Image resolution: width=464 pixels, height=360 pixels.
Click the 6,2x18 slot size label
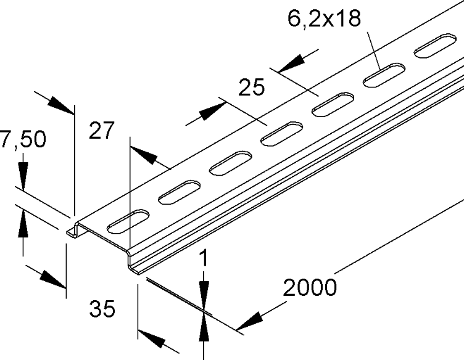tap(324, 18)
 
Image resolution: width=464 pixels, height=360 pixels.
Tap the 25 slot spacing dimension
tap(251, 87)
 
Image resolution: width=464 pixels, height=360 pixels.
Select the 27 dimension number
tap(101, 130)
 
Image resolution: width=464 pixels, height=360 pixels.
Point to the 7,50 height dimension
tap(23, 139)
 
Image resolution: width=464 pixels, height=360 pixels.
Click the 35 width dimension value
tap(102, 309)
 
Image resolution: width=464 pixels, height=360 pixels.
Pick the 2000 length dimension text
tap(310, 287)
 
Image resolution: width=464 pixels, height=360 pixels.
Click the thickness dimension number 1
tap(204, 258)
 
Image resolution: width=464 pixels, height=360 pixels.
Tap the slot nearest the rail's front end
tap(128, 221)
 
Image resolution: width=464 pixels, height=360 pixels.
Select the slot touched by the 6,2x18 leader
tap(384, 75)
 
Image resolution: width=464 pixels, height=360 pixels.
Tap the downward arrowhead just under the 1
tap(204, 295)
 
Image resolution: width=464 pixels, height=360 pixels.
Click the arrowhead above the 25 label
tap(291, 63)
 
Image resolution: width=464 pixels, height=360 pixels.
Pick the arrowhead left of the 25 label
tap(212, 111)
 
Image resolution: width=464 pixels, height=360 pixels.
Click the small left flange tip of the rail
tap(72, 232)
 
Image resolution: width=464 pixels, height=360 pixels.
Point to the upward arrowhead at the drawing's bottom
tap(204, 328)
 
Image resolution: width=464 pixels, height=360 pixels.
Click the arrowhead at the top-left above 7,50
tap(60, 105)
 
